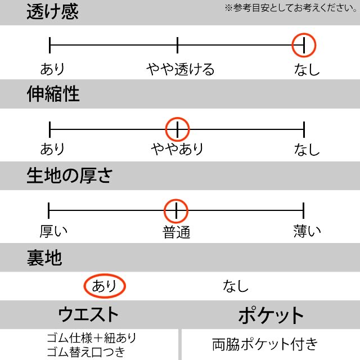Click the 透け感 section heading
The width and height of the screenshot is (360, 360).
[x=52, y=11]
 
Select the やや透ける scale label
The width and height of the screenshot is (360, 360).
[x=181, y=69]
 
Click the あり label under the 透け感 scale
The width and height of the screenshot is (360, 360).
[x=52, y=69]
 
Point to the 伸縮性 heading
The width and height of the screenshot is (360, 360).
[x=53, y=94]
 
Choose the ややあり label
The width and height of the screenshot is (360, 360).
[x=177, y=148]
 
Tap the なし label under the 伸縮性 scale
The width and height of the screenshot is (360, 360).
[x=307, y=149]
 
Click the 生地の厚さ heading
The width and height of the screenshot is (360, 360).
[x=70, y=175]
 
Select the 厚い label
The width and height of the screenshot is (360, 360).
[x=54, y=231]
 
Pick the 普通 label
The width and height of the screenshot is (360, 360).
[x=176, y=232]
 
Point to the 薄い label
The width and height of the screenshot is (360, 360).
[x=307, y=231]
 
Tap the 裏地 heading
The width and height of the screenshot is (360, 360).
[x=44, y=258]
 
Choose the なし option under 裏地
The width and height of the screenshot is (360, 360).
[x=236, y=286]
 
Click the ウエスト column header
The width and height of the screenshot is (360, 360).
[x=88, y=314]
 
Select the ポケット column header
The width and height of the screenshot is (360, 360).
[x=271, y=315]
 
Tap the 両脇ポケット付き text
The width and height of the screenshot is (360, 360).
[x=265, y=344]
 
